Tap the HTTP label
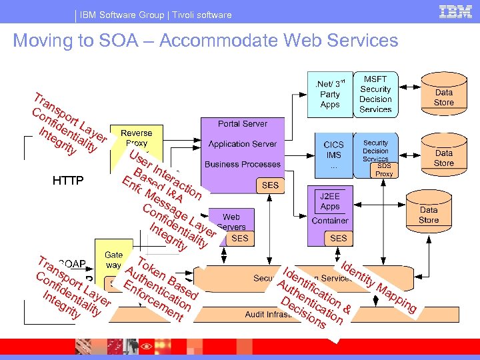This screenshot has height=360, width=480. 68,181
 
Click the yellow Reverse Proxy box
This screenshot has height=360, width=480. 136,139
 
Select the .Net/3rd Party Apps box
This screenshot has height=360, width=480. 330,94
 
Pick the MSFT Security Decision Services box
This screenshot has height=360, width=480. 375,93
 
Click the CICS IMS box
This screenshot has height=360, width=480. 333,154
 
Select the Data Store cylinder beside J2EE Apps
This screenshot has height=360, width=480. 429,215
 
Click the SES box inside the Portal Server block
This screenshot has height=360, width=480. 271,185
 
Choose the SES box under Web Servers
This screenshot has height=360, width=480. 239,238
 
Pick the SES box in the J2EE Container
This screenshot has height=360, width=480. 338,238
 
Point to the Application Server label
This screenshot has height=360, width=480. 243,144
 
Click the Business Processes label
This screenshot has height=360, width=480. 243,164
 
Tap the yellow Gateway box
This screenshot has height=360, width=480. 114,260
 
